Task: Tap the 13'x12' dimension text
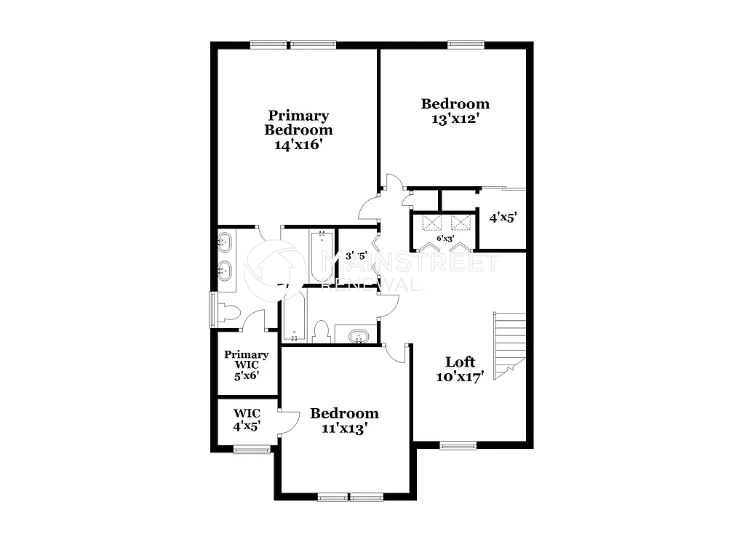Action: [x=455, y=119]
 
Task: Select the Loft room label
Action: [x=460, y=362]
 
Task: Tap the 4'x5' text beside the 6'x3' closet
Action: [x=502, y=217]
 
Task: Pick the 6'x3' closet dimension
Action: [x=445, y=238]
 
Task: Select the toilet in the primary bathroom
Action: [x=229, y=312]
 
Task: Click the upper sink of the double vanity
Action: [x=226, y=240]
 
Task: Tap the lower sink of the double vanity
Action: [x=226, y=271]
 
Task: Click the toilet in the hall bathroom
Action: [x=320, y=332]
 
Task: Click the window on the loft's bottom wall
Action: [x=458, y=445]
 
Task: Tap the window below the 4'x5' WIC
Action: [x=252, y=450]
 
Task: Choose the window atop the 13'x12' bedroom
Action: [x=466, y=44]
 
